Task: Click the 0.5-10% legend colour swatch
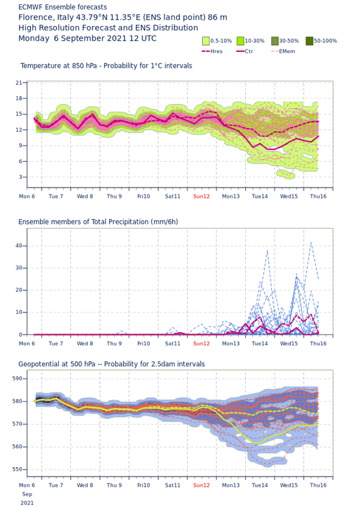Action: click(x=206, y=41)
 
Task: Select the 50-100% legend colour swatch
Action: click(x=309, y=41)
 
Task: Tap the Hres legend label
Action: click(x=216, y=51)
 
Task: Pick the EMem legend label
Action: click(x=287, y=51)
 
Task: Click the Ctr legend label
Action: click(x=248, y=51)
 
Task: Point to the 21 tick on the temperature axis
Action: click(x=19, y=83)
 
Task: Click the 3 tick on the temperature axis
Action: click(x=20, y=177)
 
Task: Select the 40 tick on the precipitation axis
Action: click(x=19, y=246)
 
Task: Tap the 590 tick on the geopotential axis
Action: click(x=17, y=378)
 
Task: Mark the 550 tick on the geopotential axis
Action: click(x=17, y=469)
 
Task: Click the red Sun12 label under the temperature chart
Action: click(x=201, y=196)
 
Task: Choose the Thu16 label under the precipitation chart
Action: click(x=318, y=343)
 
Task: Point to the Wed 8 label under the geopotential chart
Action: click(x=85, y=485)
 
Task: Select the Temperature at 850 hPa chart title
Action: click(x=106, y=66)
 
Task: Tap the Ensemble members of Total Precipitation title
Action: click(x=98, y=222)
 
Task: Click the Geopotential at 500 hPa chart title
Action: click(x=112, y=364)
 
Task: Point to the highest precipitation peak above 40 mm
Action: click(x=311, y=242)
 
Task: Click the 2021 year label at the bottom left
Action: click(x=27, y=503)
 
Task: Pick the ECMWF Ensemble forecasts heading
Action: click(x=62, y=7)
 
